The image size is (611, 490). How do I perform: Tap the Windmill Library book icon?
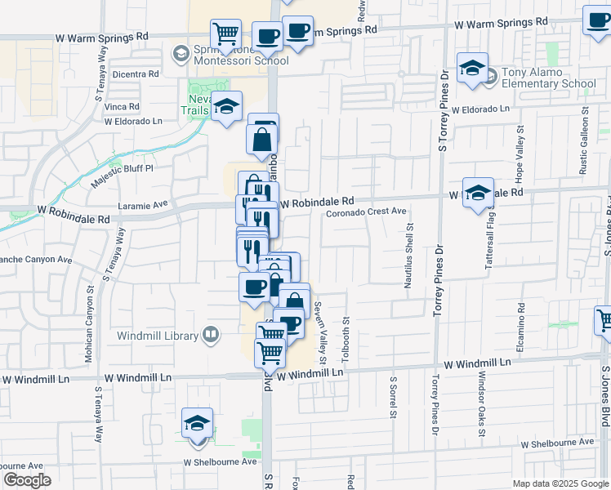[x=211, y=335]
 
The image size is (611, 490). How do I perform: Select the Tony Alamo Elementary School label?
[x=548, y=78]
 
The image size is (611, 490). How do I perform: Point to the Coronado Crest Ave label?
[x=367, y=212]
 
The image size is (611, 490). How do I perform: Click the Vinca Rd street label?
[x=122, y=107]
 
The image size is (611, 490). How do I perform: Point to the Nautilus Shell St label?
[x=409, y=256]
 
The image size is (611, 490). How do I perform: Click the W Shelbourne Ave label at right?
[x=558, y=442]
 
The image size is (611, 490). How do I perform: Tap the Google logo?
[x=28, y=480]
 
